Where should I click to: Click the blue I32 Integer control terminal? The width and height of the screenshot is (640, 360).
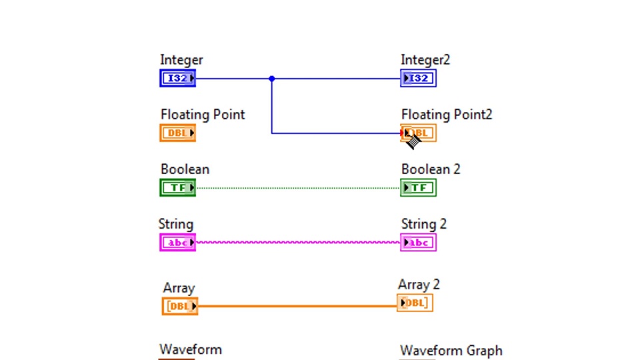177,79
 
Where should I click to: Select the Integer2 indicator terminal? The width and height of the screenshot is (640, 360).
418,79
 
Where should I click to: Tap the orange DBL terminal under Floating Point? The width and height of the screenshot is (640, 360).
177,133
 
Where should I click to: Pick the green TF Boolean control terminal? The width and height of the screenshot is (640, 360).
177,188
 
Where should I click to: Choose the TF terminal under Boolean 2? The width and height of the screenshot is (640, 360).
418,188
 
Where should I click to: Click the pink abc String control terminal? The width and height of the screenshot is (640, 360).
177,243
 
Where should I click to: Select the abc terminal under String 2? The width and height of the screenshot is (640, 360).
418,243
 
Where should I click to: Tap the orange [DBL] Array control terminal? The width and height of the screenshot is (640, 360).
180,307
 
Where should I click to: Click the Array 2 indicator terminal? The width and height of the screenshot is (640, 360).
415,303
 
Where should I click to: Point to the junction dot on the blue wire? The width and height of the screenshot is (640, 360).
271,79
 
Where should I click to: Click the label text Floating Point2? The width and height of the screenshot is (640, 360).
447,115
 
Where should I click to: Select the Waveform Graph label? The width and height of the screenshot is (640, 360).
451,351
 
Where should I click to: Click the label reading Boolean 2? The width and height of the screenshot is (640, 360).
431,169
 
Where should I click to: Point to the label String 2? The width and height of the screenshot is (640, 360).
424,224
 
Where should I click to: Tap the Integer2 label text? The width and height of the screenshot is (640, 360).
425,60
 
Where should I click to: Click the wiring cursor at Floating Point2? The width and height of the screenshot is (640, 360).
413,141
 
